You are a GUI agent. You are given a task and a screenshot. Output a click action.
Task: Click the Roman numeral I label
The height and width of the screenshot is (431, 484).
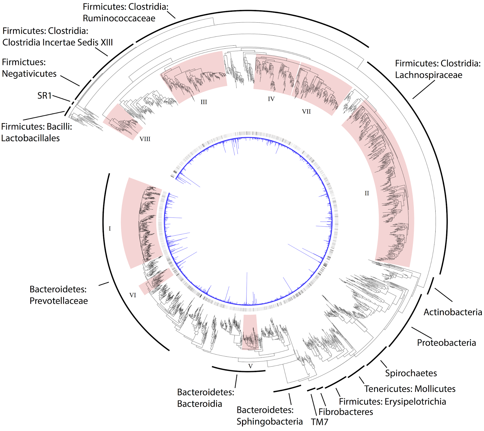pyautogui.click(x=110, y=229)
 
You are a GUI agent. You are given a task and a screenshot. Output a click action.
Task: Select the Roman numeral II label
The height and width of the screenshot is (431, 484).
pyautogui.click(x=367, y=193)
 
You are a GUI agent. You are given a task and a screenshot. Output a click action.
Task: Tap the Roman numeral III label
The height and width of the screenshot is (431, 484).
pyautogui.click(x=204, y=102)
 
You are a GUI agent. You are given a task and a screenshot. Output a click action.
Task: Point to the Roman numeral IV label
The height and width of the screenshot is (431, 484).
pyautogui.click(x=271, y=99)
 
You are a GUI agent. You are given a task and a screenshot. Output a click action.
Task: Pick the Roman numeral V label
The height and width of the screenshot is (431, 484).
pyautogui.click(x=250, y=366)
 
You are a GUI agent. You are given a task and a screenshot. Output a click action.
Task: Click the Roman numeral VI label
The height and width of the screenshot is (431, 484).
pyautogui.click(x=132, y=295)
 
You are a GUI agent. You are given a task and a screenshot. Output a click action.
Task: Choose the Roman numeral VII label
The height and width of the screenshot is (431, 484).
pyautogui.click(x=306, y=112)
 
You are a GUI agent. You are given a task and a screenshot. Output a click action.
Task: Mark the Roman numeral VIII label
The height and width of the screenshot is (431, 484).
pyautogui.click(x=145, y=139)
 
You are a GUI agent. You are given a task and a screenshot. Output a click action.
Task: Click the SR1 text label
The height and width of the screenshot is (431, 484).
pyautogui.click(x=44, y=96)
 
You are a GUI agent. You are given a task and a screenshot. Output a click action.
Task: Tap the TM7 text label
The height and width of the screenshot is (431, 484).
pyautogui.click(x=319, y=422)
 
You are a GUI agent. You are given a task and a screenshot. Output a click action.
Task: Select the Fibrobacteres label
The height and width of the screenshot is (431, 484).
pyautogui.click(x=345, y=412)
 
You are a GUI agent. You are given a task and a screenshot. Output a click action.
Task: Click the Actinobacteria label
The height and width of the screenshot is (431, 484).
pyautogui.click(x=453, y=312)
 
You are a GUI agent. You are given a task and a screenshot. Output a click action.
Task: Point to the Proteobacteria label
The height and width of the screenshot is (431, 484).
pyautogui.click(x=446, y=343)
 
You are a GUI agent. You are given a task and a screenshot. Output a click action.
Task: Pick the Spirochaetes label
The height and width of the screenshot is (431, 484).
pyautogui.click(x=411, y=373)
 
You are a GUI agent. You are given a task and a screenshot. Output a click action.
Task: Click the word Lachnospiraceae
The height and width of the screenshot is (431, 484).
pyautogui.click(x=428, y=75)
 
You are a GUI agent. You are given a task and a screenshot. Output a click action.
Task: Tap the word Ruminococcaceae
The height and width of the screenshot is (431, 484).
pyautogui.click(x=119, y=18)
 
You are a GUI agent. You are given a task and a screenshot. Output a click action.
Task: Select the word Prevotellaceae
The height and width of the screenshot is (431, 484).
pyautogui.click(x=59, y=301)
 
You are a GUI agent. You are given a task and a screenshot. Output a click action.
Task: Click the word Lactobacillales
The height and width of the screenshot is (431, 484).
pyautogui.click(x=31, y=138)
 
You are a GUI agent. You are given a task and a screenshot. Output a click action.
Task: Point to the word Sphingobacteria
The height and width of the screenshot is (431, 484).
pyautogui.click(x=270, y=422)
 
